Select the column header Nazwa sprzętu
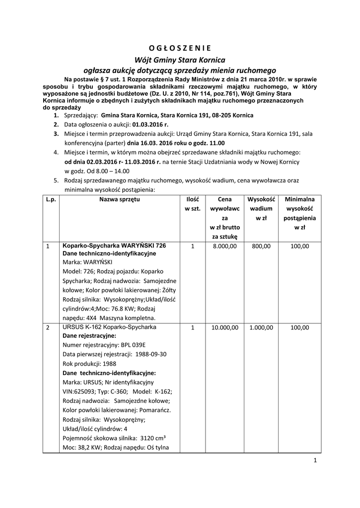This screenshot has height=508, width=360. [x=119, y=199]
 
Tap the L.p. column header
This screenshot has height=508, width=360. [x=50, y=199]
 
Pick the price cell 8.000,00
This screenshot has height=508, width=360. [x=224, y=246]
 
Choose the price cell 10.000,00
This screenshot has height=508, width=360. [x=224, y=328]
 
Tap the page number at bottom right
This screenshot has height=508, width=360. [x=315, y=460]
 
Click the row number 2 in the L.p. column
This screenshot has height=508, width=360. [x=48, y=328]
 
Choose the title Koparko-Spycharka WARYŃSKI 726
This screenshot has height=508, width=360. [x=114, y=245]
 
